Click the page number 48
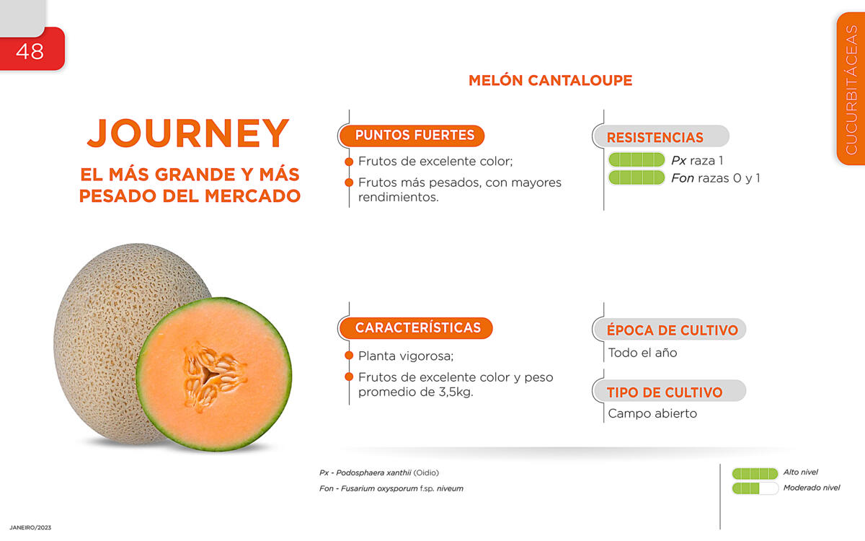[30, 51]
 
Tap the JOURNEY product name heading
[188, 133]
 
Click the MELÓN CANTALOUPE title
[550, 80]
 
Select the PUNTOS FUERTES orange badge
[412, 136]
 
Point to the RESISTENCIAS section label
[655, 138]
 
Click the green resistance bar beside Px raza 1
[636, 159]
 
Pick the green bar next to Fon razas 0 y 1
[636, 177]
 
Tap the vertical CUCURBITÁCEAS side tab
[851, 89]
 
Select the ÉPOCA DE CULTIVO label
[673, 330]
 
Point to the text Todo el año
[642, 353]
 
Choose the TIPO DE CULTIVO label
[665, 392]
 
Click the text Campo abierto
[652, 413]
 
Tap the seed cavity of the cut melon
[213, 376]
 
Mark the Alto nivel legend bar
[755, 473]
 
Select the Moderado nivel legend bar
[755, 488]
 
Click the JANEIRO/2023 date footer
[30, 527]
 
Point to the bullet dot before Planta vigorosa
[349, 356]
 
